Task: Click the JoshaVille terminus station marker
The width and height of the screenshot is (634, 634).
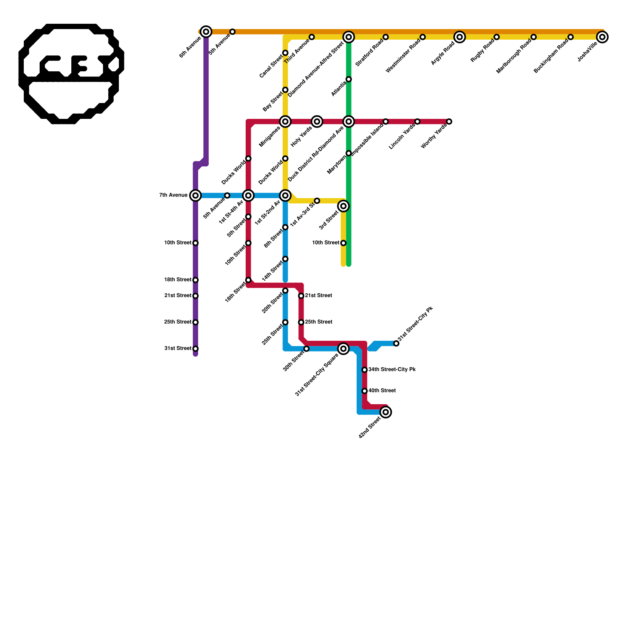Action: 602,37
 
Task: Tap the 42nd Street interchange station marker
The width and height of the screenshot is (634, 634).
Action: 386,412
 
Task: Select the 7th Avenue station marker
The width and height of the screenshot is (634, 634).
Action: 195,195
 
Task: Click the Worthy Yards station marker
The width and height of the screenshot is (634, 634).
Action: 449,122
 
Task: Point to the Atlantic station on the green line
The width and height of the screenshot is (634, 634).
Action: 349,79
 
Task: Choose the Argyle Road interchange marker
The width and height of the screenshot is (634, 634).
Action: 460,37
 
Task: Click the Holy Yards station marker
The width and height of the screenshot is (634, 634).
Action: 317,122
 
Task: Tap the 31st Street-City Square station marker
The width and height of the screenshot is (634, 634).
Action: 344,349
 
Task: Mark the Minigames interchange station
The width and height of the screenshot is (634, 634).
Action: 285,122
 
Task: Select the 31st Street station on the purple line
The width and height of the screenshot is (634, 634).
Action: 195,349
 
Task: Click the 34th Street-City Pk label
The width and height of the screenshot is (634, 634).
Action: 392,370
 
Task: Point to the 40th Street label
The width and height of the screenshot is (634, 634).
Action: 382,391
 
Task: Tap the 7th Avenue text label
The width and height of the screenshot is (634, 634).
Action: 173,195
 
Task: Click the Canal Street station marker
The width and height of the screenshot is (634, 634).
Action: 285,53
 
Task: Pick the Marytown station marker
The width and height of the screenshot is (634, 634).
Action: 349,153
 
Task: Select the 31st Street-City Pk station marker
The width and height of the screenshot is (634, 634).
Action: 396,344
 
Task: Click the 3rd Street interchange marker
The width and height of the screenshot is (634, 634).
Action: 344,206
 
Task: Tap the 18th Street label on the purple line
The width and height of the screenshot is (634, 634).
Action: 178,280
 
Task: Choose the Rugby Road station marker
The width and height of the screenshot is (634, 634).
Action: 497,37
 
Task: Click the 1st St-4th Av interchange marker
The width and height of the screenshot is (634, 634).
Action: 248,195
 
